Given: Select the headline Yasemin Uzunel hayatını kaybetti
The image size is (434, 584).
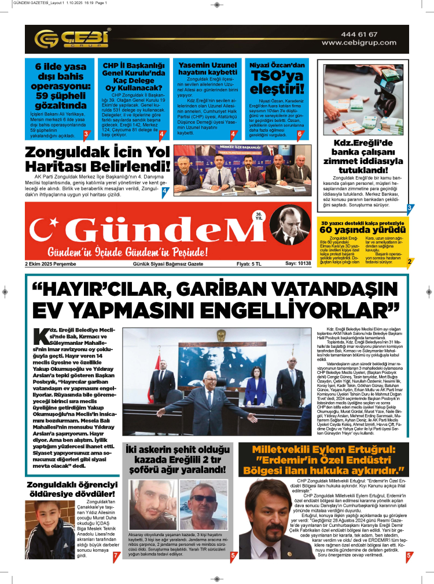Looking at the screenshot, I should point(207,69).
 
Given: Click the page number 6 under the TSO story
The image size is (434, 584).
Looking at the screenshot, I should point(300,134).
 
